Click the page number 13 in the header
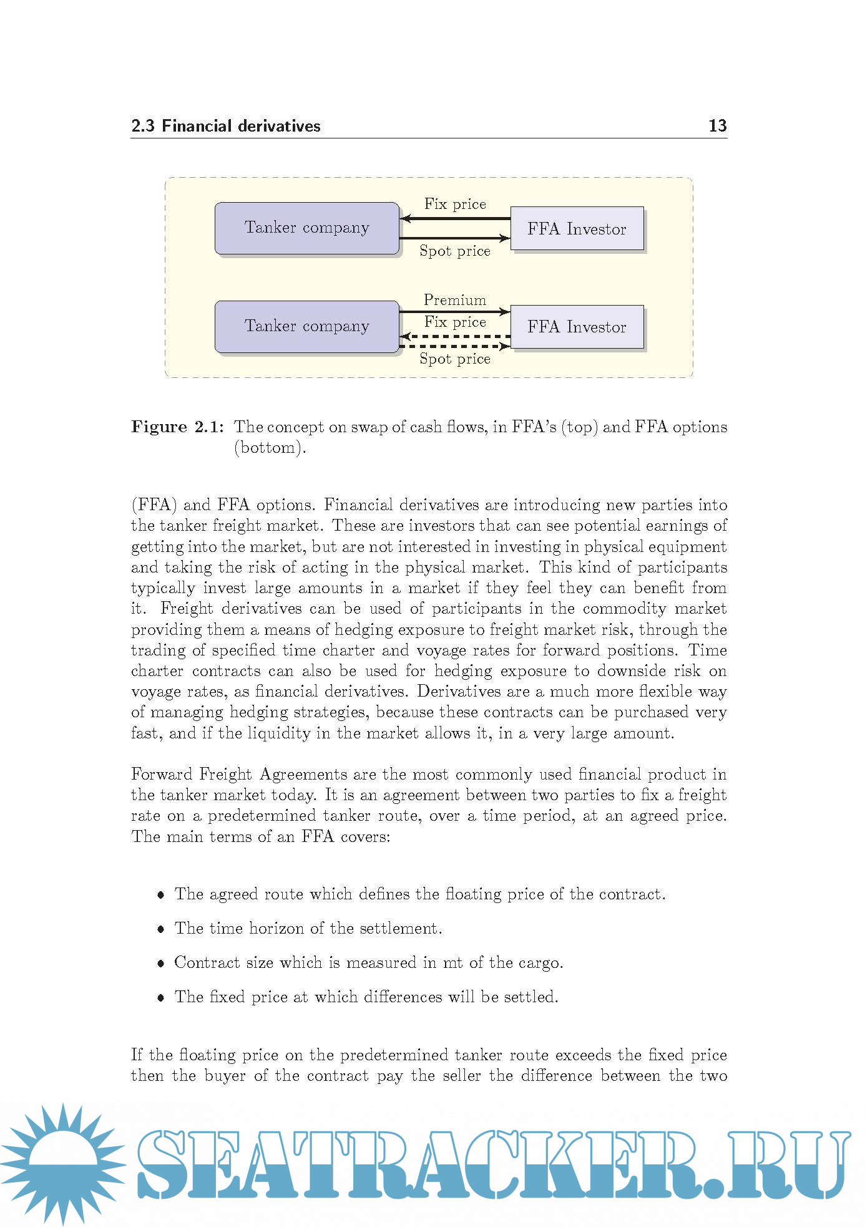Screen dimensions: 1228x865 tap(717, 126)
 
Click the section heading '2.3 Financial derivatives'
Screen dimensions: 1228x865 tap(225, 126)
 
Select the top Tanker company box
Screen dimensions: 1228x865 tap(306, 228)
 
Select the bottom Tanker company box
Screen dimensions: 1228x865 tap(306, 327)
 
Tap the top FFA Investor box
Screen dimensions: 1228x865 tap(577, 229)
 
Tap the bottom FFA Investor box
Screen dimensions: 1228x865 tap(577, 327)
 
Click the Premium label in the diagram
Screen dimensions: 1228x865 tap(454, 300)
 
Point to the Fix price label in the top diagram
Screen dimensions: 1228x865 tap(455, 204)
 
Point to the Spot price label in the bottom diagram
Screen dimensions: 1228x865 tap(454, 359)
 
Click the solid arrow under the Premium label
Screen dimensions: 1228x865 tap(454, 311)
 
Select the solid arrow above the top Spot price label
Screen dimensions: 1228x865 tap(454, 238)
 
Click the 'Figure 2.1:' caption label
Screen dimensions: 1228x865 tap(177, 427)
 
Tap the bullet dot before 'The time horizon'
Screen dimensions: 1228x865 tap(161, 929)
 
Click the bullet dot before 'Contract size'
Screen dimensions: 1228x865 tap(161, 964)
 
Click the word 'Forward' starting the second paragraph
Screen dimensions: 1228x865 tap(162, 775)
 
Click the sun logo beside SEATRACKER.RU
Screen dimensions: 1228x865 tap(62, 1163)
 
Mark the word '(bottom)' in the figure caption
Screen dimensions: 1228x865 tap(270, 448)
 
